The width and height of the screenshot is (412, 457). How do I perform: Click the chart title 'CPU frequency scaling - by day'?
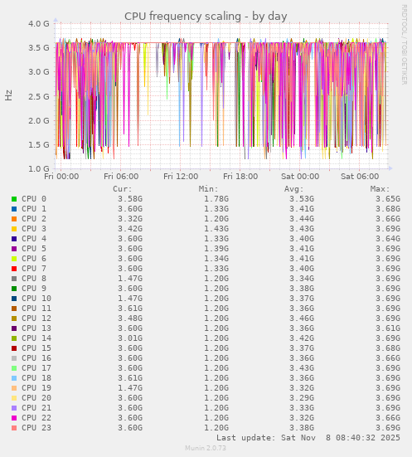click(206, 16)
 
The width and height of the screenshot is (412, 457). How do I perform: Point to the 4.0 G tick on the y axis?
click(38, 24)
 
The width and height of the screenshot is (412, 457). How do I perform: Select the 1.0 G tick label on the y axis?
click(38, 169)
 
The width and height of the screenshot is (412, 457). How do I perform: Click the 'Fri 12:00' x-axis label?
click(181, 177)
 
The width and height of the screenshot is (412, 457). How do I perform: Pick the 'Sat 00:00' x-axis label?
click(300, 177)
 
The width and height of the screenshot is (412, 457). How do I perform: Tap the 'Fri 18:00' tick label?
click(240, 177)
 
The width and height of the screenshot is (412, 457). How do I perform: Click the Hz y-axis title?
click(9, 95)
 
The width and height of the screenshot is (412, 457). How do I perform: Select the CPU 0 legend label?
click(34, 199)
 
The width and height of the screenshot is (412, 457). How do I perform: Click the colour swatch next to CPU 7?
click(14, 269)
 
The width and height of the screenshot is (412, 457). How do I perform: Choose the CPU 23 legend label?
click(36, 428)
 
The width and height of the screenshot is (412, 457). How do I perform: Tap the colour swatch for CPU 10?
click(14, 299)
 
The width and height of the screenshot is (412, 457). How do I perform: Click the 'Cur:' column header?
click(123, 188)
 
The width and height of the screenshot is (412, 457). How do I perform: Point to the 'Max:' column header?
click(380, 188)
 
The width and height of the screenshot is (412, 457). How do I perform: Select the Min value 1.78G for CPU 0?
click(216, 199)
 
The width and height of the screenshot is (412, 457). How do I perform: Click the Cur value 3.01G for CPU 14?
click(130, 338)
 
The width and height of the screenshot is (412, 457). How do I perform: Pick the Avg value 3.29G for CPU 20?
click(302, 398)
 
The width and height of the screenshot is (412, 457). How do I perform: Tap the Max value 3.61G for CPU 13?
click(388, 328)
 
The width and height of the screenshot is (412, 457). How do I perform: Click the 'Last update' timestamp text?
click(308, 437)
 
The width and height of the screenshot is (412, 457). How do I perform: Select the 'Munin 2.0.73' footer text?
click(206, 448)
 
